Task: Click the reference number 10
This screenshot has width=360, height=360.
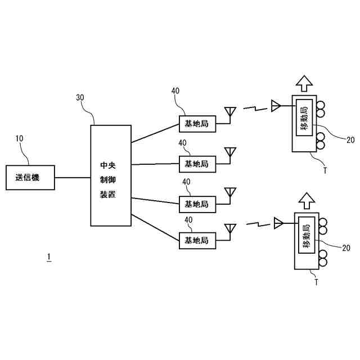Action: (x=19, y=138)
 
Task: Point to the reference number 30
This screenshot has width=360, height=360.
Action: (x=80, y=97)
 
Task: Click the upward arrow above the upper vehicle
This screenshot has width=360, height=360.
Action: (x=304, y=84)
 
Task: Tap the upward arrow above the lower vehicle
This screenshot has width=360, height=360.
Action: (x=307, y=201)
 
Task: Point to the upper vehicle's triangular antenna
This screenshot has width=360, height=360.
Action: (x=276, y=106)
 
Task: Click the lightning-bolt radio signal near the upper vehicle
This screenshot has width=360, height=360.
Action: (x=255, y=108)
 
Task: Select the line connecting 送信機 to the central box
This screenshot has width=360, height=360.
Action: (x=73, y=178)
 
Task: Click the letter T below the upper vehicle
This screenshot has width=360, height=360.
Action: (x=325, y=170)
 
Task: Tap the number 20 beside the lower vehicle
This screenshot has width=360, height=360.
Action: (x=346, y=247)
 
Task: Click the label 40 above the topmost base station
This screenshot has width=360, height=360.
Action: (x=175, y=91)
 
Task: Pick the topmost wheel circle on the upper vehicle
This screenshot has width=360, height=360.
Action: (x=321, y=106)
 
